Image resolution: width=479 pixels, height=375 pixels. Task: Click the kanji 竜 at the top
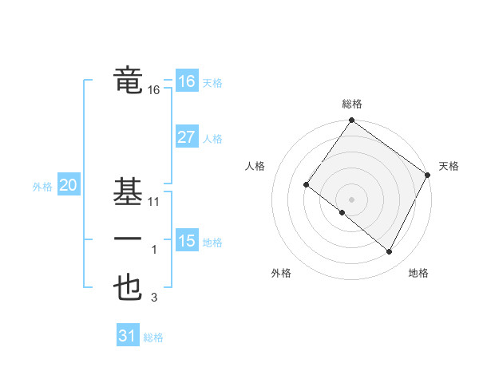(x=129, y=81)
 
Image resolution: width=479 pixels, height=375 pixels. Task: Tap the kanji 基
(x=129, y=193)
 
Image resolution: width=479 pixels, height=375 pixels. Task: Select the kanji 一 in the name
(x=129, y=240)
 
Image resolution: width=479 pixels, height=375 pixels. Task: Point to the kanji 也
(x=129, y=289)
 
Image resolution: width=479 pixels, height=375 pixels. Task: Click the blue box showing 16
(x=186, y=81)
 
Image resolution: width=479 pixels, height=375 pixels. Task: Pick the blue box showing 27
(x=186, y=137)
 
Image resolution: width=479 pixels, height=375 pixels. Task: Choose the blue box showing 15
(x=186, y=240)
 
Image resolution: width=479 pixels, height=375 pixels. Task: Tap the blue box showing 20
(x=68, y=186)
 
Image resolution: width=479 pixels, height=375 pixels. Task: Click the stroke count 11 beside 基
(x=154, y=202)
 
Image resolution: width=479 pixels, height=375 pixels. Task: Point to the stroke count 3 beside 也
(x=154, y=298)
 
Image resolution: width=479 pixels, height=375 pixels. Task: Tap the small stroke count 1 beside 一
(x=154, y=250)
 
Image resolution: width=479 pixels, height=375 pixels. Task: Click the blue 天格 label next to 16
(x=212, y=83)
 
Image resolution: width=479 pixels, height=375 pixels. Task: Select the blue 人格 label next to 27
(x=212, y=139)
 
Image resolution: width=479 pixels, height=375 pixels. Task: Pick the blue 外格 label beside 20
(x=42, y=187)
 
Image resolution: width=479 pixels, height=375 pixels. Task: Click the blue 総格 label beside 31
(x=153, y=337)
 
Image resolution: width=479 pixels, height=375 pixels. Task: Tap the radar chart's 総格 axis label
(x=351, y=104)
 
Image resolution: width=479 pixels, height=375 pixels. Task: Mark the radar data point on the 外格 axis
(x=342, y=212)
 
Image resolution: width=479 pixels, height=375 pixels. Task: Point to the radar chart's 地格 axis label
(x=418, y=273)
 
